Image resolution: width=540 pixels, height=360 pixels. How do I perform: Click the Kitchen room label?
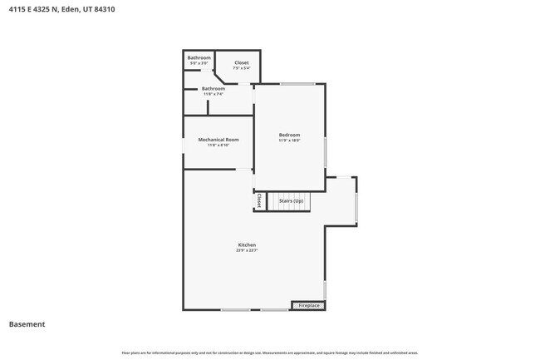tap(246, 244)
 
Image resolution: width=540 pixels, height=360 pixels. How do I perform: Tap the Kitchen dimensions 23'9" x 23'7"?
tap(246, 249)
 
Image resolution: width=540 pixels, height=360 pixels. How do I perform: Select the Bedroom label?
tap(289, 135)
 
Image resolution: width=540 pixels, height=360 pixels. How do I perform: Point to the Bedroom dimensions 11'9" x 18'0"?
tap(289, 141)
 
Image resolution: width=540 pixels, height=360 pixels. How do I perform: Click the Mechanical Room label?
tap(218, 140)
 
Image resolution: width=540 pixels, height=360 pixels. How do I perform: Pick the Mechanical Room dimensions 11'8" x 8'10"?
tap(218, 145)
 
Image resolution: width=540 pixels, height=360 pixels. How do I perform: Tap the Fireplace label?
tap(309, 306)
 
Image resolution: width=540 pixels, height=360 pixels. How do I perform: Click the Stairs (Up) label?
tap(291, 201)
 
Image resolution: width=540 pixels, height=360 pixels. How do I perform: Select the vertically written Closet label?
tap(259, 201)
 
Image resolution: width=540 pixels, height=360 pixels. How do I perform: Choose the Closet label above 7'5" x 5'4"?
tap(241, 63)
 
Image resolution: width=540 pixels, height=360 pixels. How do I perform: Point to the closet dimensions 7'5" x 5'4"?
tap(241, 68)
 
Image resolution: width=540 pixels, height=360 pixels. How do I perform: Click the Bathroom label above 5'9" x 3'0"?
tap(199, 57)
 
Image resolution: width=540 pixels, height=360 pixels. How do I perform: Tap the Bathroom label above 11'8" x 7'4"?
tap(214, 88)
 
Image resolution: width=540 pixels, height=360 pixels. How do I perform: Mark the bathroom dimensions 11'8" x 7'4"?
tap(214, 94)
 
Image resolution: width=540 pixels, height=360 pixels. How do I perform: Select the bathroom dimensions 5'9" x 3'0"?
tap(199, 63)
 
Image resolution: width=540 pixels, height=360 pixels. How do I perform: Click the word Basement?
tap(27, 324)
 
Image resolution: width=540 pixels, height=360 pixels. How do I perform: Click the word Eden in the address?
tap(71, 10)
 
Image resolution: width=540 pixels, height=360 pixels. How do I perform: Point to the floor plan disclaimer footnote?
tap(269, 353)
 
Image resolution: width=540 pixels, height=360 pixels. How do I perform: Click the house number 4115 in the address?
tap(17, 10)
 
